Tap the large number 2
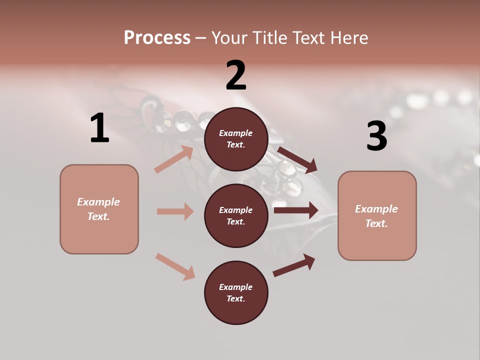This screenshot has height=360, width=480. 236,75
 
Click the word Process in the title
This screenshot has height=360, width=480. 157,38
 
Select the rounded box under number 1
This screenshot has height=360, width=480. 99,209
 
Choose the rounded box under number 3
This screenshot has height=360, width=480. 377,216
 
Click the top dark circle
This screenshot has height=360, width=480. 236,139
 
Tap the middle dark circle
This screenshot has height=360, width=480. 236,215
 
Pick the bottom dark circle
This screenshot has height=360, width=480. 236,292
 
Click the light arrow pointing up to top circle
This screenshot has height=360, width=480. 174,159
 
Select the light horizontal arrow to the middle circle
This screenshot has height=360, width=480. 175,211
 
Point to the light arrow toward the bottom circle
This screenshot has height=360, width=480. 175,266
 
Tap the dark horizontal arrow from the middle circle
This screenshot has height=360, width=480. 296,210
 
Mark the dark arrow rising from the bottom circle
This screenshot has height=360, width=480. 294,265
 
